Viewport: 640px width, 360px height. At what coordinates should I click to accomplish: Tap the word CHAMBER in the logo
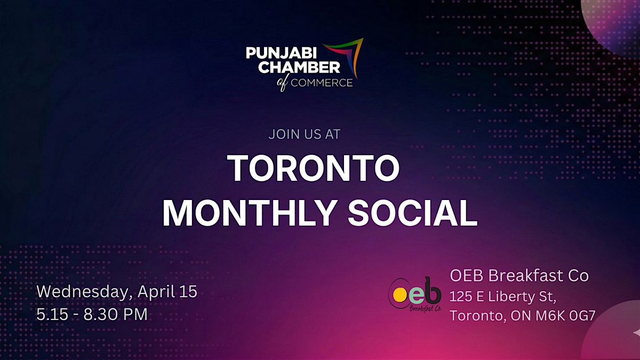tap(301, 67)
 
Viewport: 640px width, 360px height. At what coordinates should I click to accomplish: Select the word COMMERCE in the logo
tap(322, 83)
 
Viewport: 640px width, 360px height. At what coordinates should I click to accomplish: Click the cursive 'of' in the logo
tap(283, 83)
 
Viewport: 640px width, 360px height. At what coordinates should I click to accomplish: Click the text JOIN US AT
tap(305, 134)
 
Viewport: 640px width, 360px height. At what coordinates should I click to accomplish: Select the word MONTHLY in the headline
tap(249, 213)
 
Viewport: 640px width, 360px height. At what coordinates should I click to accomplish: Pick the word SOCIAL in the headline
tap(412, 213)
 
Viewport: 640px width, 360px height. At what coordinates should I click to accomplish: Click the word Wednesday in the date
tap(85, 292)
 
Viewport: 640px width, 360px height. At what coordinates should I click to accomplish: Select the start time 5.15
tap(52, 314)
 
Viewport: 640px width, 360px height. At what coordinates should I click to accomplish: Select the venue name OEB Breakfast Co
tap(519, 276)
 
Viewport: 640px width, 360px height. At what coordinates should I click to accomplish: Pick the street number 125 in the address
tap(461, 297)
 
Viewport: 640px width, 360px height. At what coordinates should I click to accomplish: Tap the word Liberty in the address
tap(511, 297)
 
